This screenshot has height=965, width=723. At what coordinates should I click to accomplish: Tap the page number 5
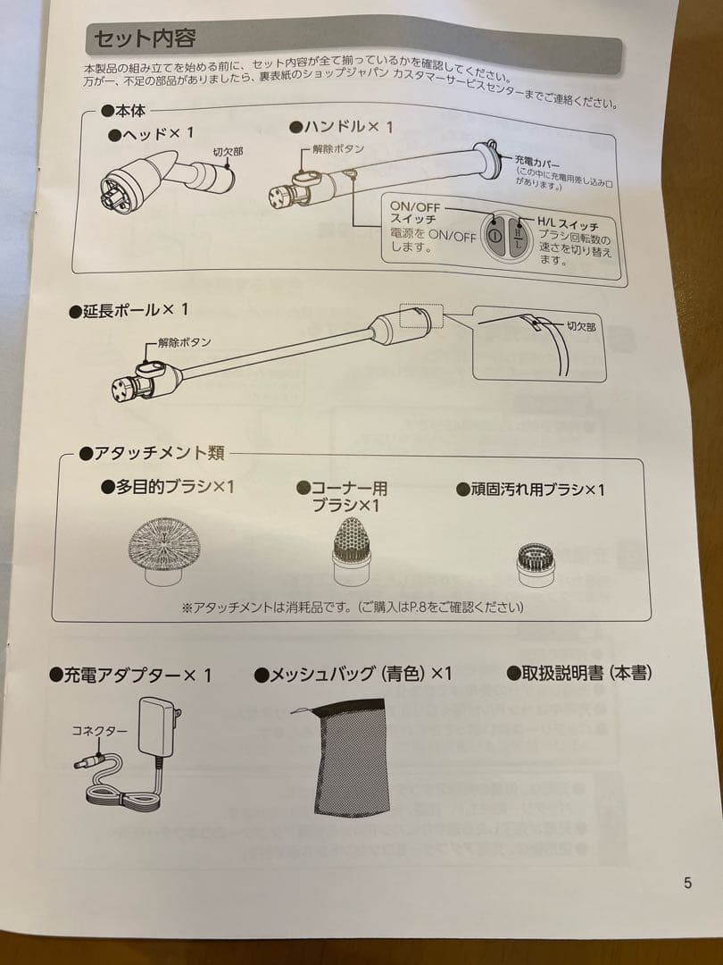[687, 883]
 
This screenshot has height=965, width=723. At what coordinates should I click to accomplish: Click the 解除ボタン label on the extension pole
[184, 342]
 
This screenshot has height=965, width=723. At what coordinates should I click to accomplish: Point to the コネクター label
[99, 730]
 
